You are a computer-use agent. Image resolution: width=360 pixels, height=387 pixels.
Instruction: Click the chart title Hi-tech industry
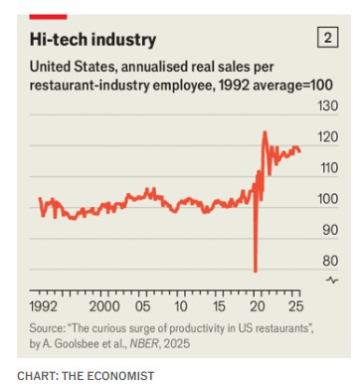[92, 40]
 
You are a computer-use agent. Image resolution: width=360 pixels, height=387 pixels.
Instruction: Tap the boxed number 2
[327, 37]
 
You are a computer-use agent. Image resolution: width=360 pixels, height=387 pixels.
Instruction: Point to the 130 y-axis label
[328, 105]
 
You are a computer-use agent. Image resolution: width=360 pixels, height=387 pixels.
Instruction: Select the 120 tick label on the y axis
[328, 136]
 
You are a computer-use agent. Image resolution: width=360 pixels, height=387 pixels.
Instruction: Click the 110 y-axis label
[328, 168]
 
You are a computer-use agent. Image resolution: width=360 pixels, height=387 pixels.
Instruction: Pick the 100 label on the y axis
[328, 199]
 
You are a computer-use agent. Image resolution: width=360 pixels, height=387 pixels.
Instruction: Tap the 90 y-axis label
[330, 230]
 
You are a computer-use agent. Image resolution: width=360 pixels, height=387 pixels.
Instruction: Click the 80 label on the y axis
[330, 261]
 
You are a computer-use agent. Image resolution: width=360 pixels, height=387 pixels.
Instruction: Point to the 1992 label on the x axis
[43, 306]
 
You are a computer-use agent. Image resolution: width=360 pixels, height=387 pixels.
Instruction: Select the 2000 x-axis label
[104, 306]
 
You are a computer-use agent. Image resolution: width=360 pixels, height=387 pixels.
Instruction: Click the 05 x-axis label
[142, 306]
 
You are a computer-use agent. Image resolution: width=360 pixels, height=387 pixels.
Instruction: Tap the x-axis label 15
[219, 306]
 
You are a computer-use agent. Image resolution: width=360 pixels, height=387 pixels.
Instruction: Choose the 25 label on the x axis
[295, 306]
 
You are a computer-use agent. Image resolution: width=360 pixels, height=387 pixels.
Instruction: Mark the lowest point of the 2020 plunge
[256, 272]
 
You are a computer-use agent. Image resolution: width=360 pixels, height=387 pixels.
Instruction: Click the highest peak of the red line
[265, 132]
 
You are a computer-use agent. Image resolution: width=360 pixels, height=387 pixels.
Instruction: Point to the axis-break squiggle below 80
[332, 281]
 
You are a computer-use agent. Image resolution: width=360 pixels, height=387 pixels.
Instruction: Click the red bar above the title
[48, 17]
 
